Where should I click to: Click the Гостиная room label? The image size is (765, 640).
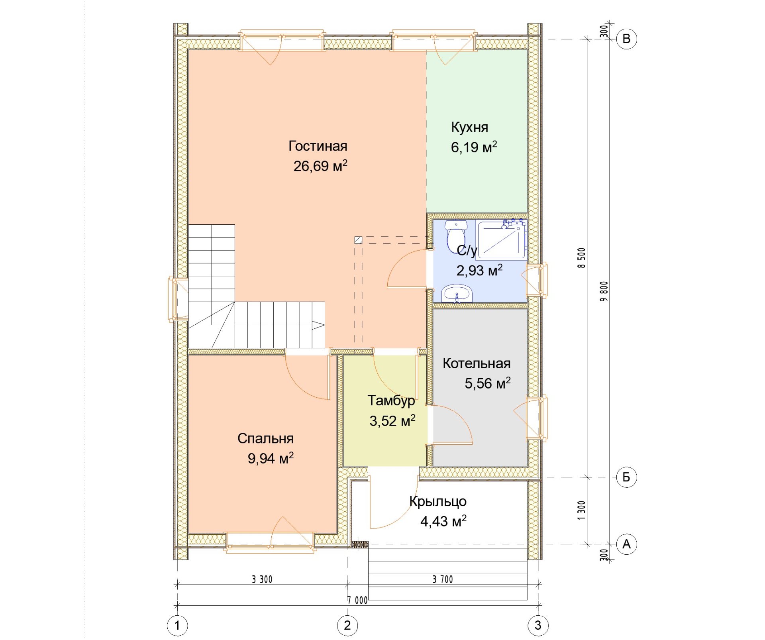click(318, 146)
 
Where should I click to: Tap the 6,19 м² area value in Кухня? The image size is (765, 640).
click(474, 147)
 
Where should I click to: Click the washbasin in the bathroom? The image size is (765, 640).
click(457, 293)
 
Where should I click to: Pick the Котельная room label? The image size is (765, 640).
click(477, 363)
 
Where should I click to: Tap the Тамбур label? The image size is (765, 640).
click(391, 401)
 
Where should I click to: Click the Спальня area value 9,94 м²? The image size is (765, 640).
click(271, 458)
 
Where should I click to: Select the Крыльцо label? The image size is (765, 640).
click(438, 502)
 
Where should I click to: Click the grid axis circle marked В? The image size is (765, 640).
click(626, 39)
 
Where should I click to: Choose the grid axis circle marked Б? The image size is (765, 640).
click(626, 477)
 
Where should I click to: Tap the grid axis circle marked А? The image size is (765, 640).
click(626, 544)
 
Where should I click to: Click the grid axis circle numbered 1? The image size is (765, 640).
click(177, 625)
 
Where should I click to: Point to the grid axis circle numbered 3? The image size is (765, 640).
click(538, 625)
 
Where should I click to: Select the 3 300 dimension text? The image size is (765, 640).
click(262, 579)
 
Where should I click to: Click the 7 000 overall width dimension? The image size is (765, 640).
click(357, 600)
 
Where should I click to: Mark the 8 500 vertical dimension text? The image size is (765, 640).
click(582, 258)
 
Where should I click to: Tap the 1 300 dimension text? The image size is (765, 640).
click(582, 510)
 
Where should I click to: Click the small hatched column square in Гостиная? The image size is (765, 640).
click(358, 240)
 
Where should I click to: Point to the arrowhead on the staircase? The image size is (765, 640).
click(319, 325)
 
